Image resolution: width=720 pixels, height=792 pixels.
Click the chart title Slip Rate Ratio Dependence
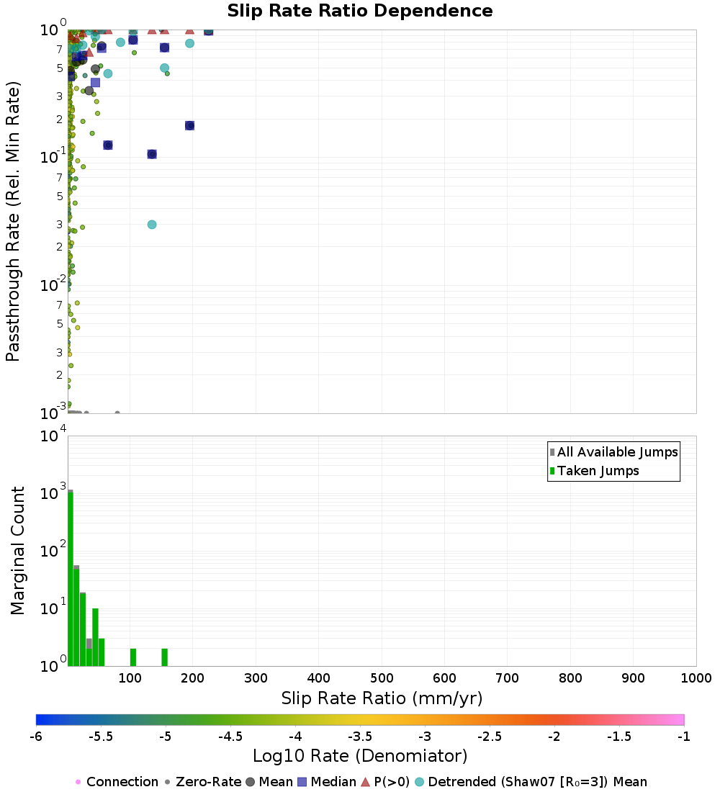pyautogui.click(x=360, y=12)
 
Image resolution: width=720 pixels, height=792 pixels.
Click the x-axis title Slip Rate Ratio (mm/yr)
pyautogui.click(x=382, y=698)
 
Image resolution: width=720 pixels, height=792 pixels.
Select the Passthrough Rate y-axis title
pyautogui.click(x=13, y=220)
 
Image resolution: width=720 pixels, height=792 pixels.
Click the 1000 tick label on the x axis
pyautogui.click(x=696, y=678)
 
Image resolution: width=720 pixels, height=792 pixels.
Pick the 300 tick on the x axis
pyautogui.click(x=256, y=678)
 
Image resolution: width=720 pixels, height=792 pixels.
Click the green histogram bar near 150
pyautogui.click(x=164, y=657)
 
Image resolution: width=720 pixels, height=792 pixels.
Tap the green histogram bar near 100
pyautogui.click(x=133, y=657)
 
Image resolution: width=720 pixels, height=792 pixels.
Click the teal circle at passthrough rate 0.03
pyautogui.click(x=152, y=225)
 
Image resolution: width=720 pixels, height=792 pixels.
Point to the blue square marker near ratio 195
pyautogui.click(x=190, y=125)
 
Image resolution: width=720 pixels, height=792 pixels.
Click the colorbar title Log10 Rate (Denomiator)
pyautogui.click(x=360, y=756)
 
